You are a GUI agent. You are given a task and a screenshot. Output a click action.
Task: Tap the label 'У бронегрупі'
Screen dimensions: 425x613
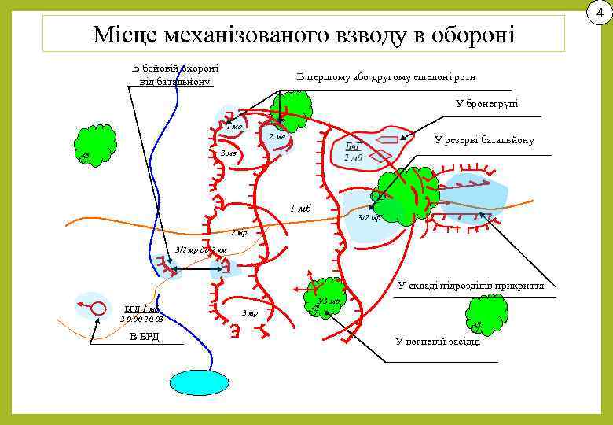(x=486, y=104)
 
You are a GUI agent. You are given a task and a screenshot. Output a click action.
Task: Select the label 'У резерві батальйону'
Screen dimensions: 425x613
(x=484, y=140)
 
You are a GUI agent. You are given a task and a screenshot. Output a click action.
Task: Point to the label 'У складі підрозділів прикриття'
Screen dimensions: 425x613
(x=471, y=285)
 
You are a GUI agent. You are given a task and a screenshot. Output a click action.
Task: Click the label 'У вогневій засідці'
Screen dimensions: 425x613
(x=437, y=341)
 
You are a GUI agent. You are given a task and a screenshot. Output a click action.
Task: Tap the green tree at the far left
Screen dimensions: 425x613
(x=95, y=145)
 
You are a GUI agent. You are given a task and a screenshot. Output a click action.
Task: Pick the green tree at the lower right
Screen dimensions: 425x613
(x=485, y=314)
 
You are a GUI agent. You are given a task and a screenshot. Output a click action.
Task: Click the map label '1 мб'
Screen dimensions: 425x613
(x=300, y=209)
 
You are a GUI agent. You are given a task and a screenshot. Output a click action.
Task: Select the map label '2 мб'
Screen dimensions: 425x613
(x=352, y=159)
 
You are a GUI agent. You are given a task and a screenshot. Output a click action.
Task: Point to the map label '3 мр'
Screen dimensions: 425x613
(x=249, y=313)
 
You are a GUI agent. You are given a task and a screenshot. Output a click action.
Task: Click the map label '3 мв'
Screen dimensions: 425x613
(x=229, y=153)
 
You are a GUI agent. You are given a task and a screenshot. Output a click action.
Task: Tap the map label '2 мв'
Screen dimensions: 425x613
(x=276, y=138)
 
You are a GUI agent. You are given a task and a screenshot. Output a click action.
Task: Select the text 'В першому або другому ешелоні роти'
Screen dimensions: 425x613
(x=386, y=77)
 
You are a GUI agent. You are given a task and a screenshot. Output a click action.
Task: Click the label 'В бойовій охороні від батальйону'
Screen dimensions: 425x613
(x=174, y=75)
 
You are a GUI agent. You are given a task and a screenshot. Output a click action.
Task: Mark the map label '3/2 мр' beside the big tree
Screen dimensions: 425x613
(x=369, y=217)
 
